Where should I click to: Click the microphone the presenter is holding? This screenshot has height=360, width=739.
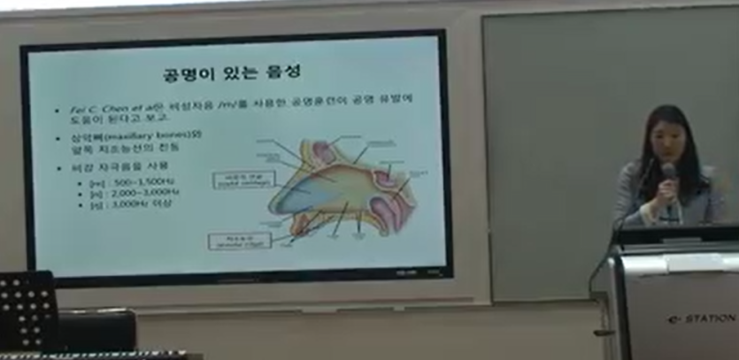[x=668, y=172]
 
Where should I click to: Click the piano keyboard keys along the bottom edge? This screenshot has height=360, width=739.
[x=89, y=356]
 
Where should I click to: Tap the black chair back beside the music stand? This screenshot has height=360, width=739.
[x=97, y=329]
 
